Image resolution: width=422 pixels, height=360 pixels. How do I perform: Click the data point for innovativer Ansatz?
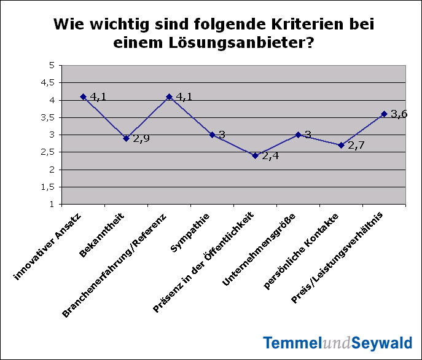[x=83, y=96]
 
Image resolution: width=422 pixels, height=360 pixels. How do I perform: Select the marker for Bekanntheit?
[x=126, y=138]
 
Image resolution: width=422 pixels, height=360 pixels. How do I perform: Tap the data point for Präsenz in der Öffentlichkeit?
[x=255, y=155]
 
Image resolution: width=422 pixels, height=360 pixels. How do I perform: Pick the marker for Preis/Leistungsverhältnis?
[x=384, y=114]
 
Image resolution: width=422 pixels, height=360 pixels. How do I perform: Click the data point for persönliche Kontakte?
[x=341, y=145]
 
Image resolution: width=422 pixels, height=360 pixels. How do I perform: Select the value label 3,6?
[x=399, y=114]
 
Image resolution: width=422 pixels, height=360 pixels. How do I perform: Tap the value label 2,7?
[x=356, y=146]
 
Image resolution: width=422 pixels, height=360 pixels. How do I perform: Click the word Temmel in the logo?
[x=288, y=343]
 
